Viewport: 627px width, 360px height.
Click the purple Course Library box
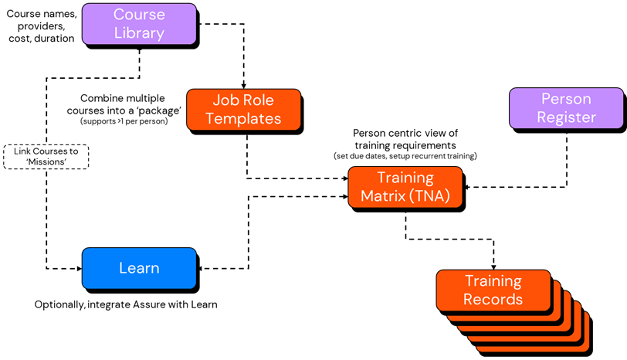139,24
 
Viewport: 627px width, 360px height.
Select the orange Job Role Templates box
243,109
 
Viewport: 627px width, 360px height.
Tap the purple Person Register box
566,108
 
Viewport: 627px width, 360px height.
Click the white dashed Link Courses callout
46,157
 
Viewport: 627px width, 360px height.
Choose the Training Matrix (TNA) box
405,187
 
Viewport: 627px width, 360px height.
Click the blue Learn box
139,268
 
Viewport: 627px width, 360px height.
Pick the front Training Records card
493,290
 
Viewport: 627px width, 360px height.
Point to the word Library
139,33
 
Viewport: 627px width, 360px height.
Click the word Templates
243,118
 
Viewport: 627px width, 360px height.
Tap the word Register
566,117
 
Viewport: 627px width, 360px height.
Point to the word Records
493,299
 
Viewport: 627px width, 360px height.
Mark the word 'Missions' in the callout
46,162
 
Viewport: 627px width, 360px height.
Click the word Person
566,99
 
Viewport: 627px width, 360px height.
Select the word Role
259,100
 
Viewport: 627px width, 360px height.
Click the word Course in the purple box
139,15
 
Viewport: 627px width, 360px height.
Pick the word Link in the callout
22,151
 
